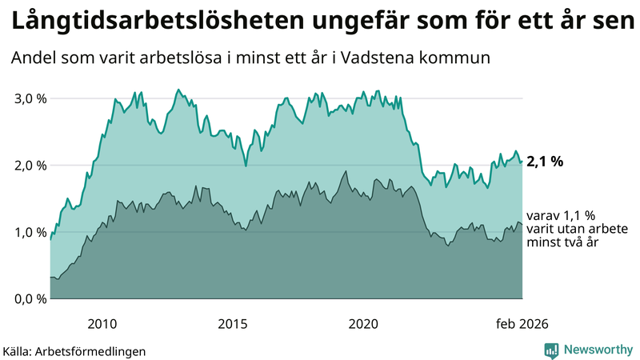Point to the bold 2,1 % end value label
point(545,162)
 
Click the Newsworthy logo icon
point(551,350)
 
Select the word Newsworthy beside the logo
point(596,350)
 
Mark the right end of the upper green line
point(522,162)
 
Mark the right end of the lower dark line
point(522,226)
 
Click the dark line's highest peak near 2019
point(346,171)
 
